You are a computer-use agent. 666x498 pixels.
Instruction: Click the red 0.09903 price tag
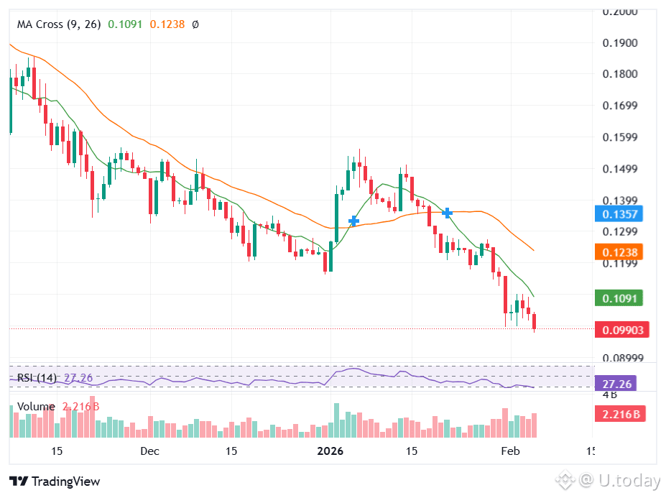pyautogui.click(x=622, y=330)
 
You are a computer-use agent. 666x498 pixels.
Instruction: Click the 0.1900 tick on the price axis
pyautogui.click(x=620, y=43)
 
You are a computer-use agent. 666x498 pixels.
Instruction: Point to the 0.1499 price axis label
pyautogui.click(x=620, y=170)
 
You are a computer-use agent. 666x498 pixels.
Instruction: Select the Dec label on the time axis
pyautogui.click(x=149, y=451)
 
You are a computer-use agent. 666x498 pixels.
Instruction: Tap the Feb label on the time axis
pyautogui.click(x=509, y=451)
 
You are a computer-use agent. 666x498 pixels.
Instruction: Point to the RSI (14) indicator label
pyautogui.click(x=37, y=377)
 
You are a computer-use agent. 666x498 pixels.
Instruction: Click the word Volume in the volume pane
pyautogui.click(x=36, y=407)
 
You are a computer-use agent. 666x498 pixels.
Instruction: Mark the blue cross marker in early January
pyautogui.click(x=353, y=221)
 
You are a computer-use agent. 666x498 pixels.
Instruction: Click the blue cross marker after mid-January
pyautogui.click(x=448, y=213)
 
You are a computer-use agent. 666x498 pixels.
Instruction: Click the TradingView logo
pyautogui.click(x=55, y=481)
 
